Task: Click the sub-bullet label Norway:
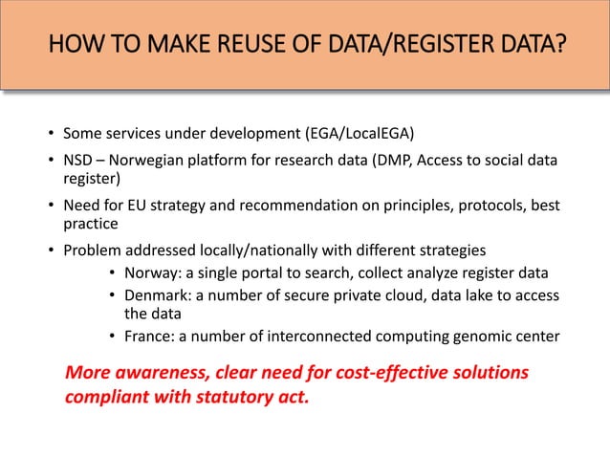click(153, 272)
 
